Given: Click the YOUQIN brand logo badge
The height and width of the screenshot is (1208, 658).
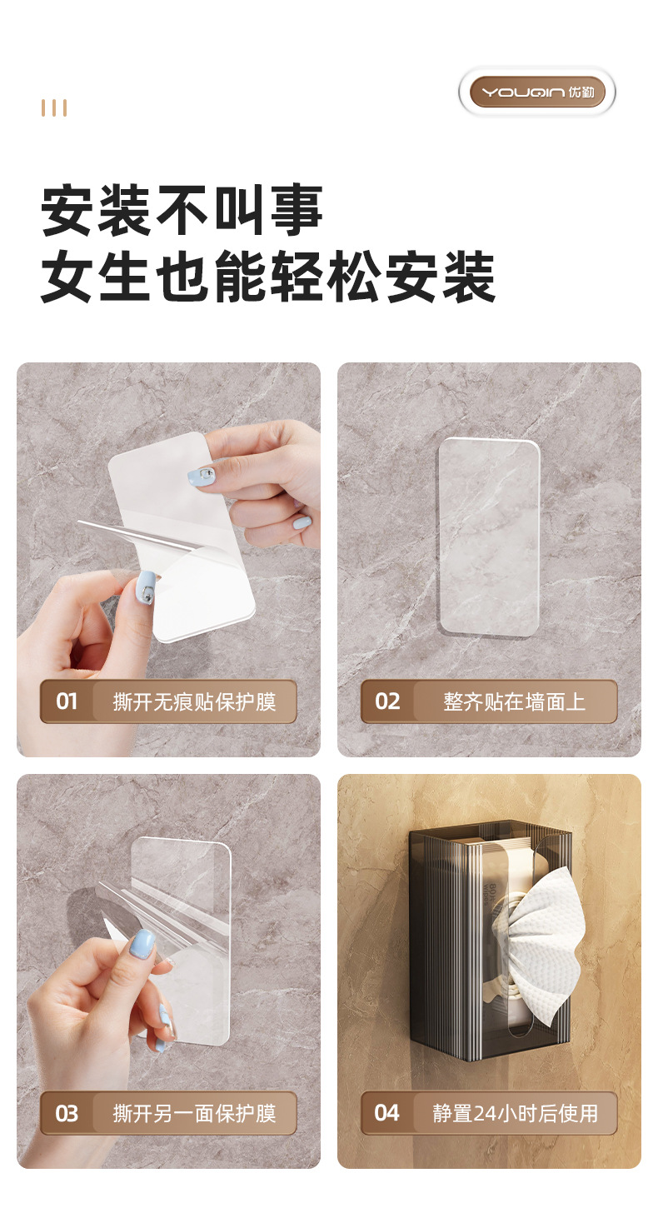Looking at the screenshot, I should [x=537, y=92].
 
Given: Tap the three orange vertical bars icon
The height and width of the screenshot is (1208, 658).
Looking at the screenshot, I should [x=54, y=108].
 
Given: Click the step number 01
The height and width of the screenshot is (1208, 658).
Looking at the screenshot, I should [x=67, y=701].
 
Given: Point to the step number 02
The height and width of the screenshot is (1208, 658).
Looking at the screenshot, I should [x=387, y=701].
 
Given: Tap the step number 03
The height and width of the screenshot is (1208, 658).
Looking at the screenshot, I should [x=67, y=1114].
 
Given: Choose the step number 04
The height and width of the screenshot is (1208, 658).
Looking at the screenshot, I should [x=387, y=1113].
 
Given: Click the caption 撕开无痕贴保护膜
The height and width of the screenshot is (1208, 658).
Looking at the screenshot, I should [x=194, y=701].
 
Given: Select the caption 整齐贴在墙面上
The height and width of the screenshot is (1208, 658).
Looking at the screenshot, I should [x=514, y=701].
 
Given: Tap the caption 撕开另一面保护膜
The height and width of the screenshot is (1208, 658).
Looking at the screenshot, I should [x=194, y=1114].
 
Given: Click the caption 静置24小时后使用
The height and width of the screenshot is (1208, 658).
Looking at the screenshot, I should [x=514, y=1113].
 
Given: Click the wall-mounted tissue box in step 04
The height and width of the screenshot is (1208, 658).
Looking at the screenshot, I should [x=487, y=941].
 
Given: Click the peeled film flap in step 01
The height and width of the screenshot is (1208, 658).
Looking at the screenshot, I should [x=142, y=533].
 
